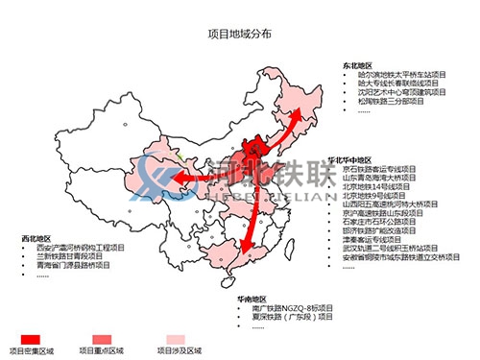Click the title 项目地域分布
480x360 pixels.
(x=239, y=33)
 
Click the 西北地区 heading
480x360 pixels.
(x=36, y=236)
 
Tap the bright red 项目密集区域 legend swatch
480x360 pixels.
(x=30, y=338)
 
